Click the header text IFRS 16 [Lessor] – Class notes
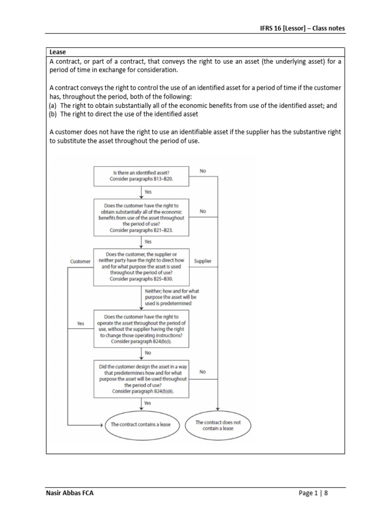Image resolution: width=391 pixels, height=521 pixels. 302,28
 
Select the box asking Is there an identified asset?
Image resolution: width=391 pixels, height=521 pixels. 142,176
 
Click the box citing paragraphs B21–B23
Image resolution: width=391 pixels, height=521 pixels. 142,217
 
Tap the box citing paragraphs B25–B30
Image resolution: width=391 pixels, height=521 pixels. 142,267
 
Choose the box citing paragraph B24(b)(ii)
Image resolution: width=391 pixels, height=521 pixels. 142,379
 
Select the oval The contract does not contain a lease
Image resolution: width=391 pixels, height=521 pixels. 218,425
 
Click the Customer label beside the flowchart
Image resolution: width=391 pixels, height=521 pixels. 80,262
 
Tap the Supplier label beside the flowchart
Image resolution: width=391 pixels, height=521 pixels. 203,261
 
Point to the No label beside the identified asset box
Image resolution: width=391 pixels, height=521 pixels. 203,171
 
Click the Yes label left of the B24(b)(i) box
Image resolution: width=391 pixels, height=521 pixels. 80,324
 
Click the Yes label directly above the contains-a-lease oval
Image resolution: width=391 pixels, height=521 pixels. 148,403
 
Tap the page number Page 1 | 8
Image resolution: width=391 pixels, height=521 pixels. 316,493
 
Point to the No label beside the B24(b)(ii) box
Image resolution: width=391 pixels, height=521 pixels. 203,372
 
